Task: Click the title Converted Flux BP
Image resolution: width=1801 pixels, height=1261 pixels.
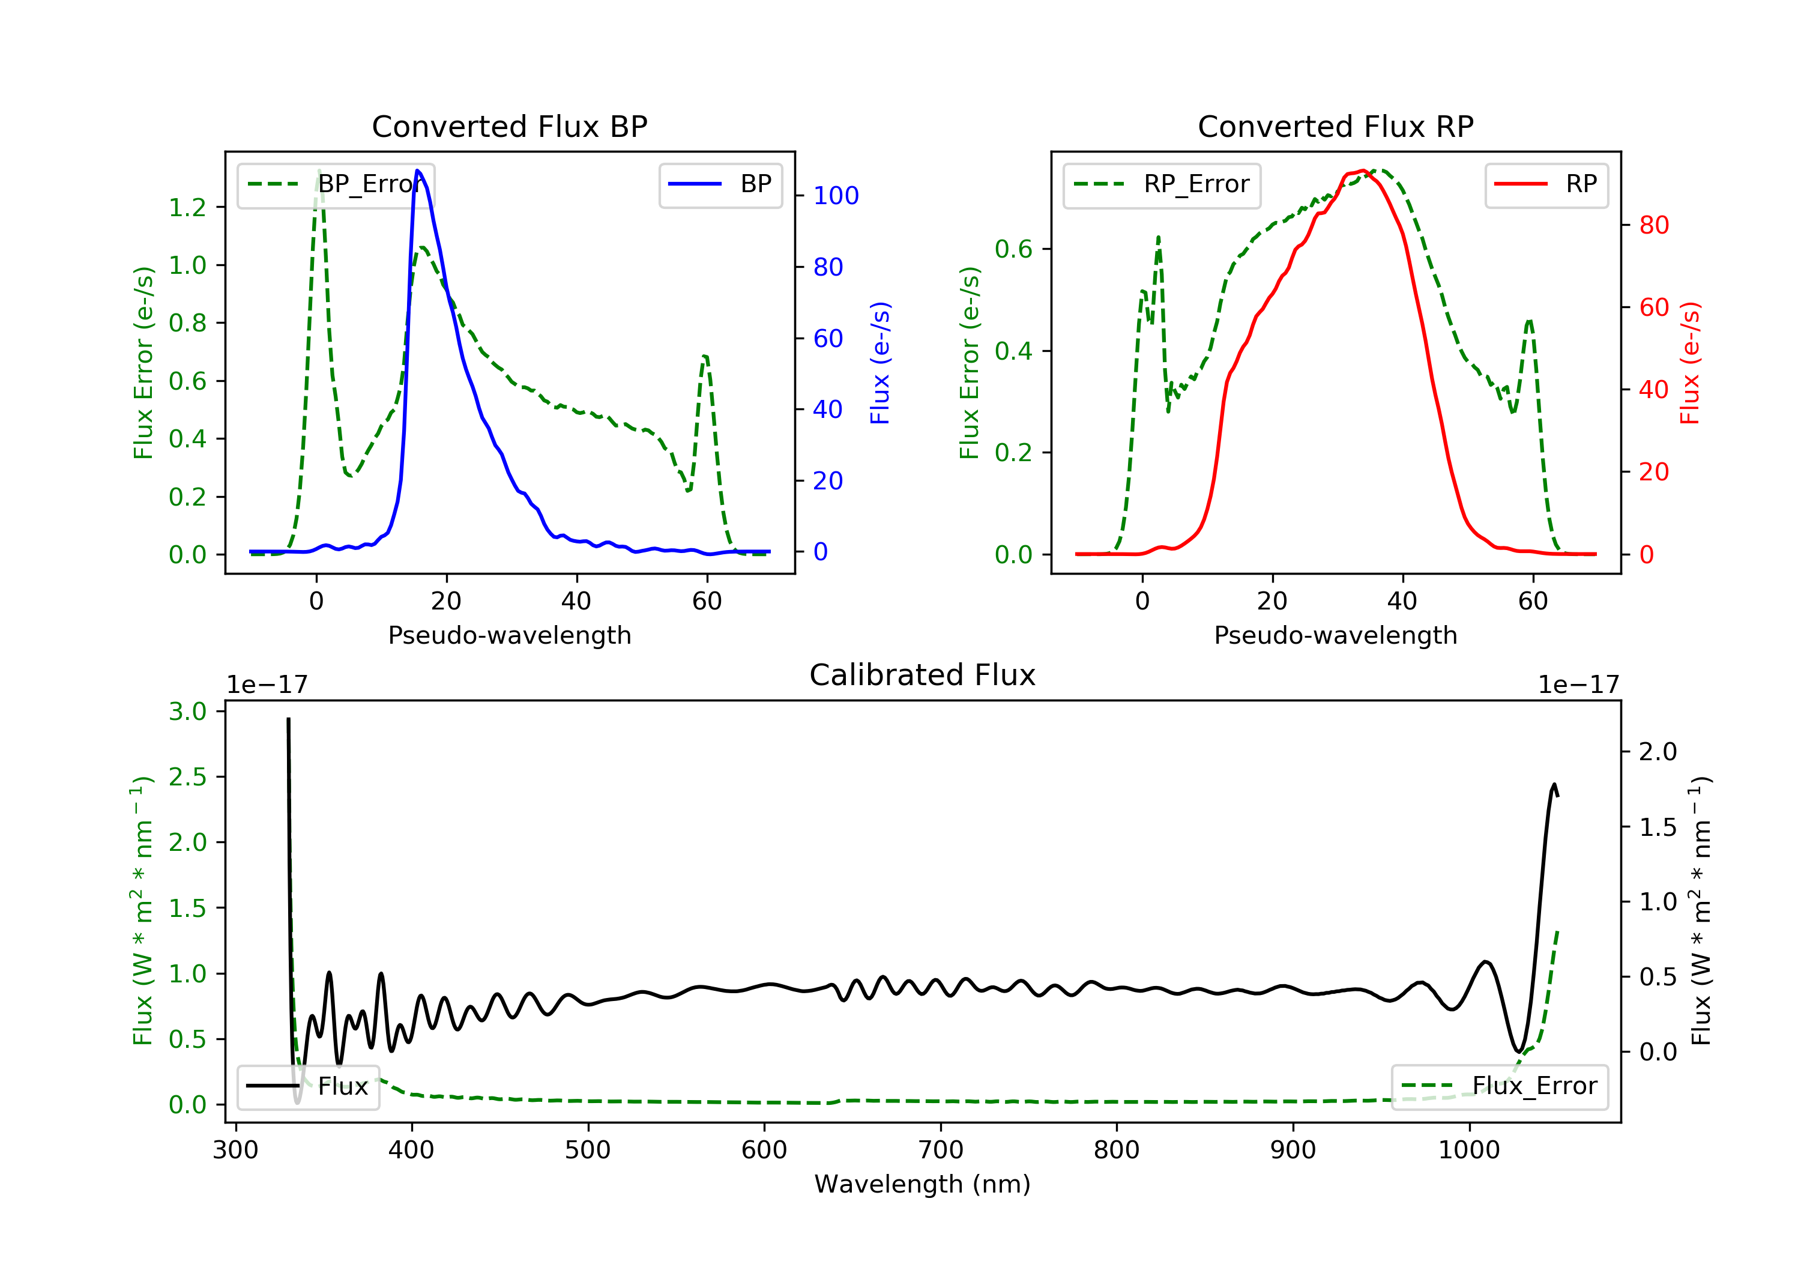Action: pos(509,126)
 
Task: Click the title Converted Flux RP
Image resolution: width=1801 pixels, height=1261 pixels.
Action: pos(1335,126)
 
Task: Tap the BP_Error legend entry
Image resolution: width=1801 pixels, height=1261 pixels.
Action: pos(336,184)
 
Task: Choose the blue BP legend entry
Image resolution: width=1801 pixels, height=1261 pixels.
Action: pos(720,184)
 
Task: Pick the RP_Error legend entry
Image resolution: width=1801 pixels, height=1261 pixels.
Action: pos(1162,184)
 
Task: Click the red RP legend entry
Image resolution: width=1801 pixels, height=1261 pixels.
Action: pos(1546,184)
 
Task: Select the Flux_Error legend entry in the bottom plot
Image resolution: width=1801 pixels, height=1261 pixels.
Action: pos(1499,1086)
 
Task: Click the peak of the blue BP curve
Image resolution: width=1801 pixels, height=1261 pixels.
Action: pos(417,171)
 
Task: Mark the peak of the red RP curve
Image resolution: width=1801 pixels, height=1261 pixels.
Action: pos(1363,171)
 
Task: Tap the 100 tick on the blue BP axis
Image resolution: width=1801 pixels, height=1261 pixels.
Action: pos(836,195)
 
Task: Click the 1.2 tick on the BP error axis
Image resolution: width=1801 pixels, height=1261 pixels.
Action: pos(187,207)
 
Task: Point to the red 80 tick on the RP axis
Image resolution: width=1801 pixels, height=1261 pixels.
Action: pos(1653,225)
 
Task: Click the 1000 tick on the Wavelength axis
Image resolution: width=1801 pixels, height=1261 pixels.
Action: pos(1468,1151)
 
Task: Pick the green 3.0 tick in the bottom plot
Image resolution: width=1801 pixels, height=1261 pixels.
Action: pos(187,712)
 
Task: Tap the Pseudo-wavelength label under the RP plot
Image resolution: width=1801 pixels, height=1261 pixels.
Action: pos(1335,635)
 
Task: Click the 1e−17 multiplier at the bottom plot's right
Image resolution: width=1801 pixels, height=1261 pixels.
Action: pos(1578,685)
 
